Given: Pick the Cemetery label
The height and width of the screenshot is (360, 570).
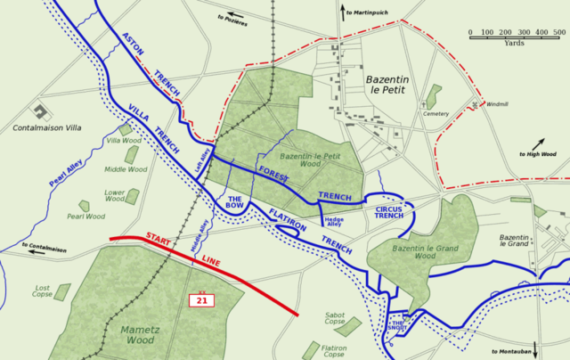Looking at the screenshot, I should coord(436,114).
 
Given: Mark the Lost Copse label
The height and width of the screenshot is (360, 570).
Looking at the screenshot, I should coord(42,292).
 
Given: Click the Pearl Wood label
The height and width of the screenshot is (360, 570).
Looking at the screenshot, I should coord(85,217).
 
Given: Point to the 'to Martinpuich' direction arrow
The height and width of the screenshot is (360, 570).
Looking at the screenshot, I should coord(343,12).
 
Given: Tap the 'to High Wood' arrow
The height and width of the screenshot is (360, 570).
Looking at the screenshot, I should coord(540,143).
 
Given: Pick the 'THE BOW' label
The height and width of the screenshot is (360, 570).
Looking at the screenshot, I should coord(236,202).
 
